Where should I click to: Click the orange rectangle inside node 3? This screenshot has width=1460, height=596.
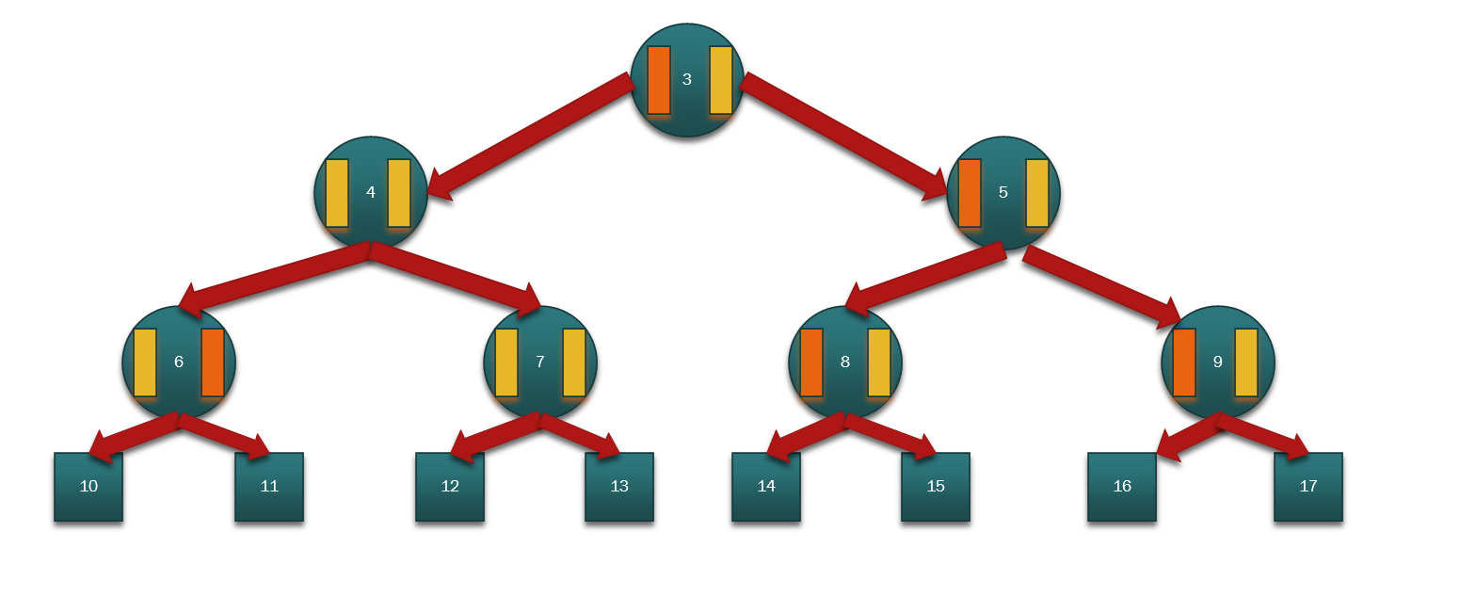tap(659, 80)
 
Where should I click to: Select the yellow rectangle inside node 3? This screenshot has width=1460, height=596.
tap(721, 80)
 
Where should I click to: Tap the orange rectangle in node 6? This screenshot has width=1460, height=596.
tap(213, 362)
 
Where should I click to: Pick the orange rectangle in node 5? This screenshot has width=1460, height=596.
tap(970, 193)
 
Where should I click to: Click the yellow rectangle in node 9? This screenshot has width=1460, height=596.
tap(1246, 362)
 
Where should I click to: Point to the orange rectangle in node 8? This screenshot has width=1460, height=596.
tap(811, 362)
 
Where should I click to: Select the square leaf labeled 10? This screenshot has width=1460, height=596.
tap(88, 487)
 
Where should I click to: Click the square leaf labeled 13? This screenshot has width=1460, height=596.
tap(619, 487)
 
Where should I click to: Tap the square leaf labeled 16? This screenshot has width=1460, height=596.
tap(1122, 487)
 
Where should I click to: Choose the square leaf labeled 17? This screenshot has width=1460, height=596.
tap(1308, 487)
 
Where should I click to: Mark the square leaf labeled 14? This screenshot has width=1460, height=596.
tap(766, 487)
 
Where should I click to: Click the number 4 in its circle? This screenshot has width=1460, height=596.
tap(371, 192)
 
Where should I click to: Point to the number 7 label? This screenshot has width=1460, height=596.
tap(540, 362)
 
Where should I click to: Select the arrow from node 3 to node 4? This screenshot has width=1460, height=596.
tap(531, 136)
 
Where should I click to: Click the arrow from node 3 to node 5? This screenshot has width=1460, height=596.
tap(843, 136)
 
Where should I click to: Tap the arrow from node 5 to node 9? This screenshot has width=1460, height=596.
tap(1101, 287)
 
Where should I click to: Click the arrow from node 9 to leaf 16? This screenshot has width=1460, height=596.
tap(1189, 437)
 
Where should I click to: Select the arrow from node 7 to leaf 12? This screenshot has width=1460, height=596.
tap(495, 437)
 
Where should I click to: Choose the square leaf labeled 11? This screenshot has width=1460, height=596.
tap(269, 487)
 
